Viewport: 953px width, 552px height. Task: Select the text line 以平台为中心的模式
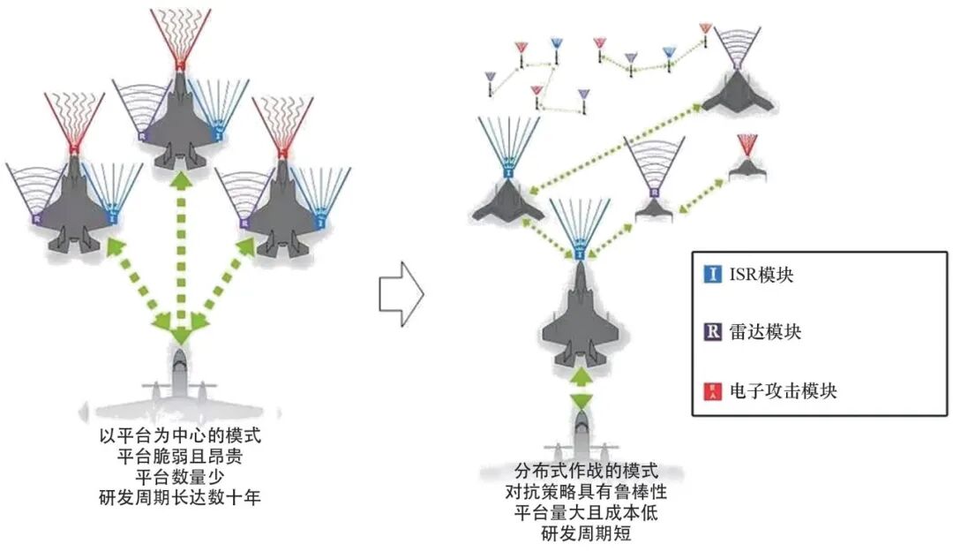(x=181, y=437)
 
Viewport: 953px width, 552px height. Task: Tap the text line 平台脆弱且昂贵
(x=181, y=457)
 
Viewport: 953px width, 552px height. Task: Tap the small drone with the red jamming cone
(x=747, y=169)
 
